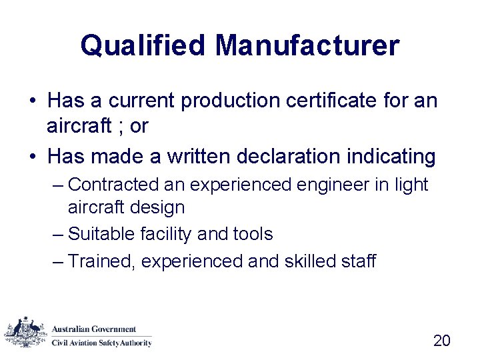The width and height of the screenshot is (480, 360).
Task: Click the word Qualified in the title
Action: (143, 46)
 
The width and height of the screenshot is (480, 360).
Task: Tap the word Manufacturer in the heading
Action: (307, 46)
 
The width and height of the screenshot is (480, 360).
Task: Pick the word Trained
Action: (102, 261)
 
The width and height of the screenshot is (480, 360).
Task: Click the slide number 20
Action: (442, 341)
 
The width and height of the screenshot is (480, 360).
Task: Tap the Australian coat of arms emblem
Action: (26, 331)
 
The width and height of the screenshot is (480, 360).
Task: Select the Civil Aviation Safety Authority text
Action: (102, 343)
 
